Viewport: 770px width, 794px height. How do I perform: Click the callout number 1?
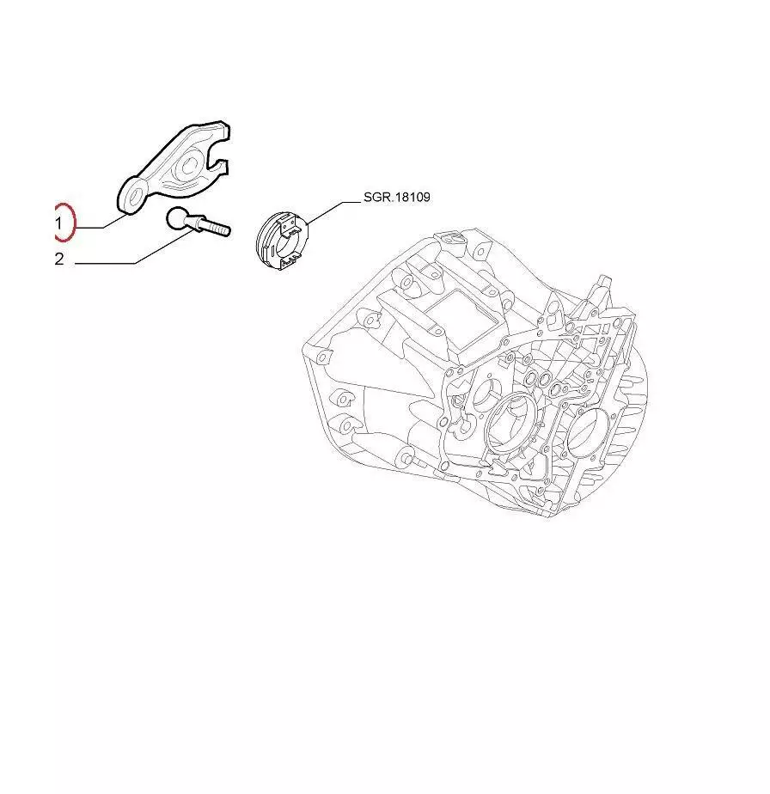point(58,223)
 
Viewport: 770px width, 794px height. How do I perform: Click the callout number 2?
point(59,260)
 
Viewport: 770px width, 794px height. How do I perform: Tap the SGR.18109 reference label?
point(397,197)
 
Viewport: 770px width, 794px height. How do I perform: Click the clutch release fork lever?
point(174,166)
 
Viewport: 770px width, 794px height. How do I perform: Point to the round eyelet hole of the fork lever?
point(133,197)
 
